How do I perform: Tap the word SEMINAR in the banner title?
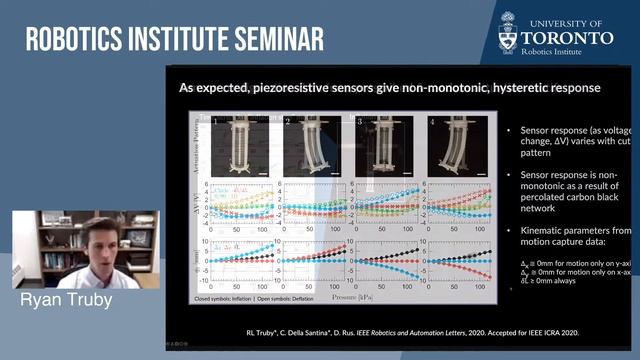273,39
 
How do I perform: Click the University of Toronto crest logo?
509,31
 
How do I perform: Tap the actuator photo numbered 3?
385,145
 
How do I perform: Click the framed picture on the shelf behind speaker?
135,237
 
